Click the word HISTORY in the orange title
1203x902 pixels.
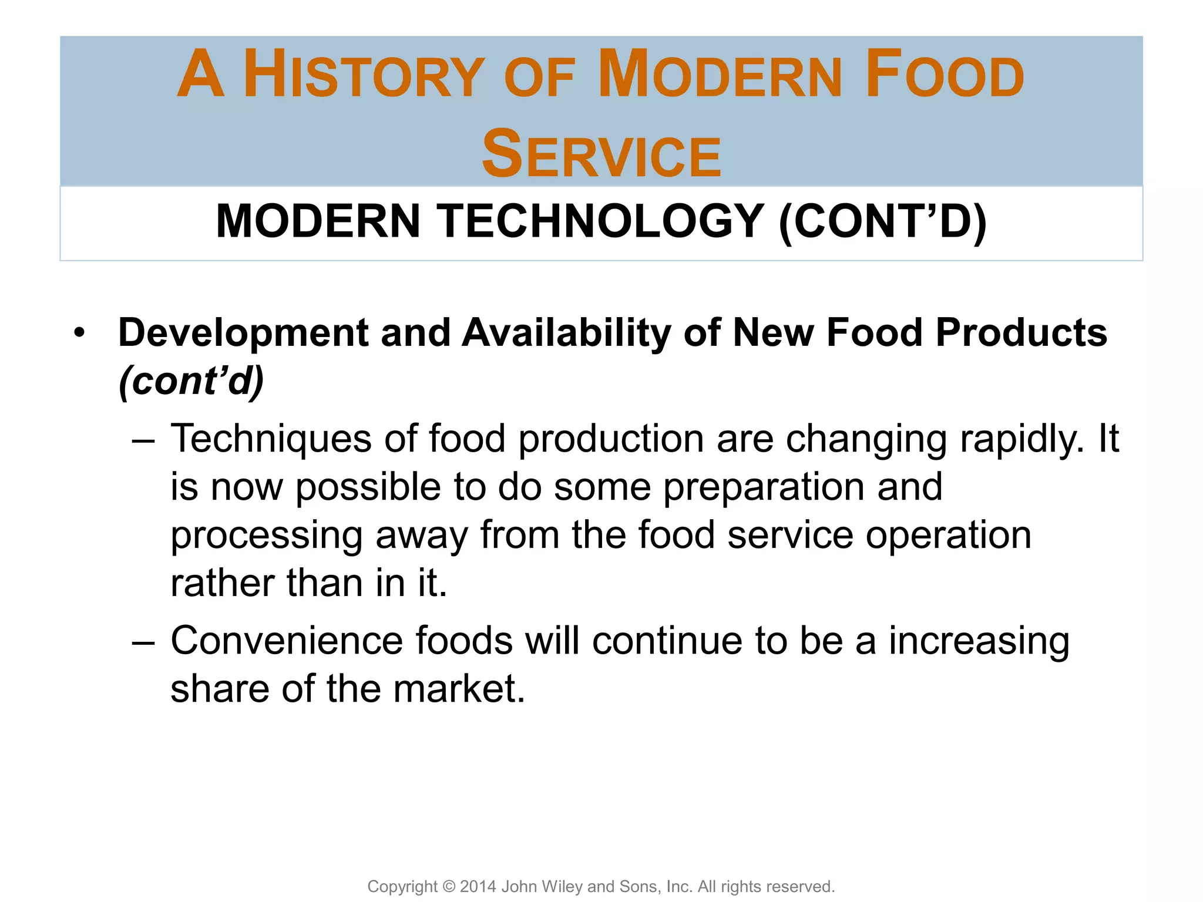[x=364, y=75]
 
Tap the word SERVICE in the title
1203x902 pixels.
[x=601, y=154]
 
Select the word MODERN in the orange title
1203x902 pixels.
[x=720, y=75]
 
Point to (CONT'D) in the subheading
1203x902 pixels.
[x=882, y=221]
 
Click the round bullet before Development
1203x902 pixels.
[x=79, y=333]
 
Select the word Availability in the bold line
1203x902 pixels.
[x=566, y=333]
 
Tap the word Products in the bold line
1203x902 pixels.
[x=1021, y=333]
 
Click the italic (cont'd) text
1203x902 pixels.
[x=191, y=382]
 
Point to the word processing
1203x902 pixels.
[x=266, y=537]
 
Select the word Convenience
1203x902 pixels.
[x=287, y=641]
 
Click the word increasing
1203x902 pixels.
[x=979, y=642]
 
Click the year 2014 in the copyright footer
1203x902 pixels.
[x=478, y=886]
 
